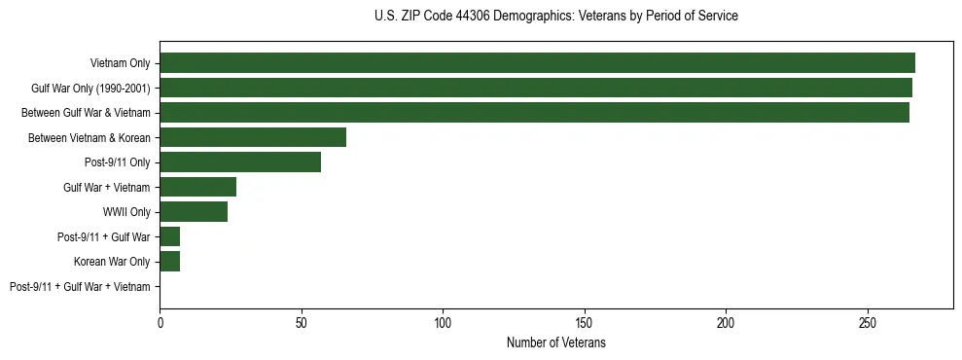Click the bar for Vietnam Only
(x=537, y=63)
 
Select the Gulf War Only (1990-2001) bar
(x=536, y=88)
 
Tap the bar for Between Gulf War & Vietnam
(x=534, y=113)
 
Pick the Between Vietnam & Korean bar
(x=253, y=137)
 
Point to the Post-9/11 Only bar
(x=240, y=162)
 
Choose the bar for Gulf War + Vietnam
(x=197, y=187)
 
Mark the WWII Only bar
(x=194, y=212)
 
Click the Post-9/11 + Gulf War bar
(x=170, y=236)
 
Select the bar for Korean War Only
(x=170, y=262)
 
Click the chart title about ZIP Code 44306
(x=555, y=17)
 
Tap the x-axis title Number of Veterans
(x=555, y=342)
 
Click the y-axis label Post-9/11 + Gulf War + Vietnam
(x=80, y=287)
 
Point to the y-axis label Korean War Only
(x=112, y=262)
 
